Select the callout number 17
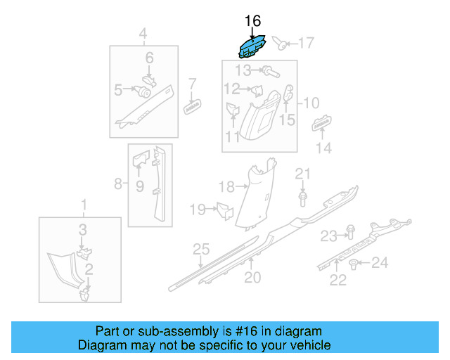click(305, 44)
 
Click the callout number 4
click(143, 34)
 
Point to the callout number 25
click(201, 249)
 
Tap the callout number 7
click(191, 84)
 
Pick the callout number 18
click(226, 187)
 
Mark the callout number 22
click(338, 280)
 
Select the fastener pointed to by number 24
click(354, 264)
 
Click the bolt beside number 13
click(270, 70)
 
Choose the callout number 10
click(310, 103)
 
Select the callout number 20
click(252, 277)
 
